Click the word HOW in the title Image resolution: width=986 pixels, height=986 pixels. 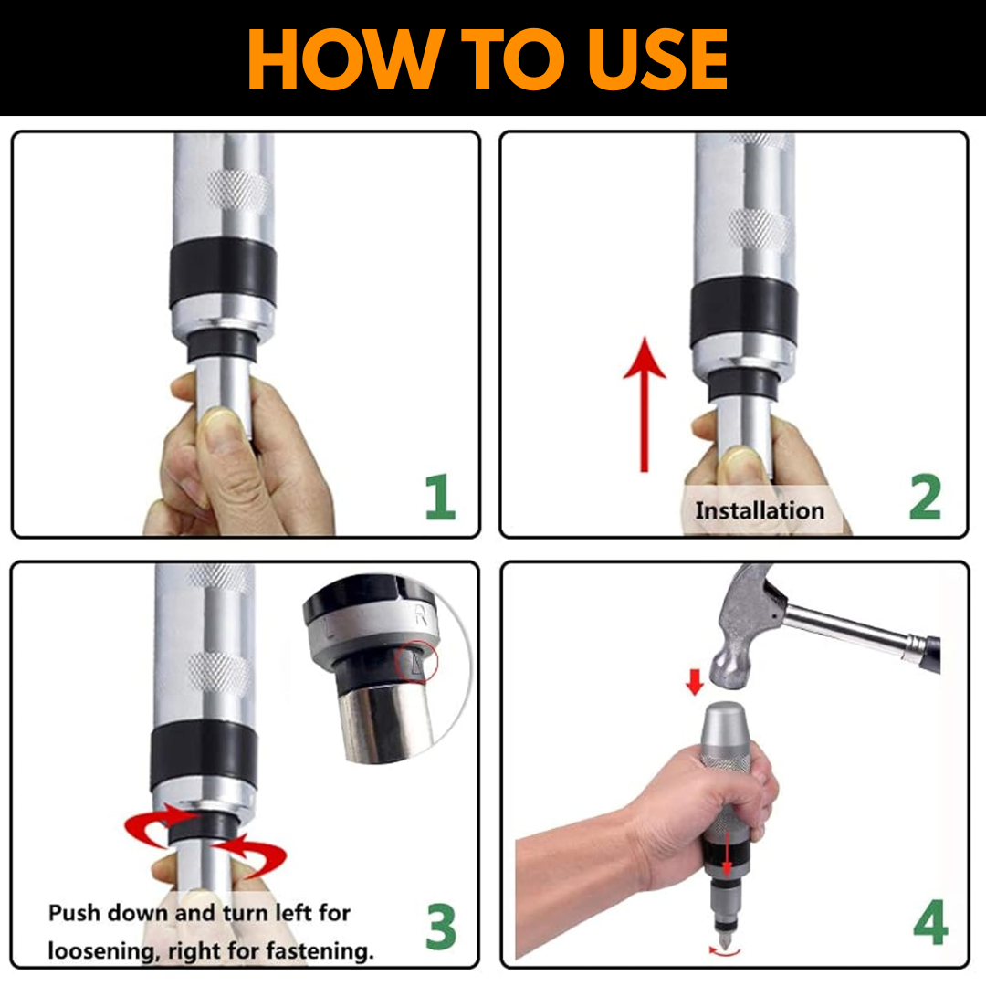tap(342, 59)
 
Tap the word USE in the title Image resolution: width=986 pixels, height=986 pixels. tap(656, 59)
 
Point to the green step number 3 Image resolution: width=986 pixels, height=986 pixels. tap(440, 926)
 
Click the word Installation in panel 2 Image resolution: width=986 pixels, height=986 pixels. tap(760, 510)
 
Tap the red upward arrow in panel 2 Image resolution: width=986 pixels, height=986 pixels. tap(644, 404)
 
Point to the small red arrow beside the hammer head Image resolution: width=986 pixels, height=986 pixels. tap(694, 682)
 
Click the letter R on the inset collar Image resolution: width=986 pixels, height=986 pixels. tap(421, 614)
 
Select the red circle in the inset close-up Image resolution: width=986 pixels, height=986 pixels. tap(415, 662)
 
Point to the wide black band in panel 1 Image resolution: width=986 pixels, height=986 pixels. tap(223, 274)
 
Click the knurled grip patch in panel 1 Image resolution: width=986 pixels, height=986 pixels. tap(237, 188)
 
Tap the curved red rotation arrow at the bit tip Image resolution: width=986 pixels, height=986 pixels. tap(724, 952)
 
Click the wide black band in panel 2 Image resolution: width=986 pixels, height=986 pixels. tap(744, 312)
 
